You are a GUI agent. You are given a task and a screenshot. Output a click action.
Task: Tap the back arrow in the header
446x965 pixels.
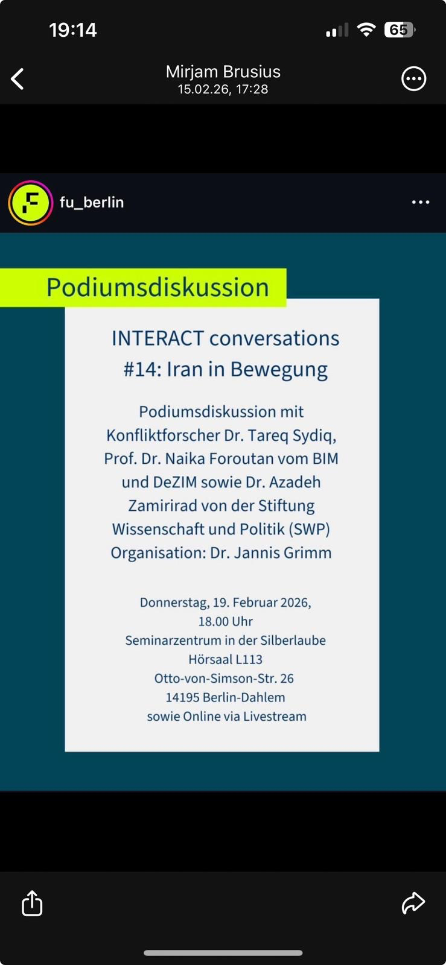click(18, 79)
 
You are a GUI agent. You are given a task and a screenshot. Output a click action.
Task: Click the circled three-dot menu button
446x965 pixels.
click(413, 79)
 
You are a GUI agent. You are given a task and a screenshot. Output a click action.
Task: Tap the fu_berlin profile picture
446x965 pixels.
click(31, 203)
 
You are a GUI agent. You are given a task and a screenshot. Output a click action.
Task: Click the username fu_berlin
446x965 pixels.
click(92, 202)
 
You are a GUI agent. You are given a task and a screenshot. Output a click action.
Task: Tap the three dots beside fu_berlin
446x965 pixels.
click(421, 202)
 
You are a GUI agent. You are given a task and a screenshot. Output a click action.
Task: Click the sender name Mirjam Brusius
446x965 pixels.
click(223, 72)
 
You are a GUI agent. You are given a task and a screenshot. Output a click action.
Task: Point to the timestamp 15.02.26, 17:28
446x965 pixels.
click(223, 89)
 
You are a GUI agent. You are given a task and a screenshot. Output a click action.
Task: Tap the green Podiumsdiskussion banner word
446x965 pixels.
click(158, 287)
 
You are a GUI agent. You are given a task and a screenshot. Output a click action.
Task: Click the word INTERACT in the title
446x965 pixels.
click(158, 338)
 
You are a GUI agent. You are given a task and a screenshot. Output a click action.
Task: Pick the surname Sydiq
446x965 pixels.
click(314, 436)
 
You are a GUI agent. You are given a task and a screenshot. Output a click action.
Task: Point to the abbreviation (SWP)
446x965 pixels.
click(309, 529)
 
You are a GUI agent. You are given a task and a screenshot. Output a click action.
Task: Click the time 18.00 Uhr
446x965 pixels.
click(225, 621)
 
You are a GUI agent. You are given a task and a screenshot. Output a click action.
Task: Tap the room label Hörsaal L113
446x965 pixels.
click(225, 659)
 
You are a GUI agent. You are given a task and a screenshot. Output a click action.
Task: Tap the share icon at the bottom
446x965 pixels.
click(32, 902)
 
